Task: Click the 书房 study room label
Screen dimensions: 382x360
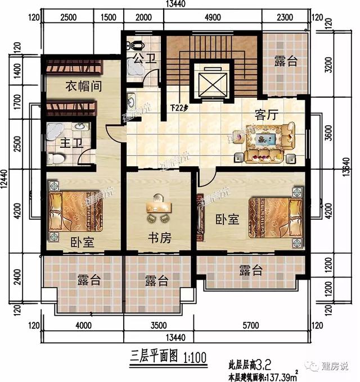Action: [x=159, y=238]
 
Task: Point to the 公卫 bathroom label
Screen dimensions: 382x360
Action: [x=142, y=58]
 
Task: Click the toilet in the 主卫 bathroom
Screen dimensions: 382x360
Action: [x=56, y=158]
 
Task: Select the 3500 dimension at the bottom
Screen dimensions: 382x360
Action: [x=159, y=325]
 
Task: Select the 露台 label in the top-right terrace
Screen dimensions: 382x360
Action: [x=286, y=61]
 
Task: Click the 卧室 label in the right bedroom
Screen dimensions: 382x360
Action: [x=227, y=220]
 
